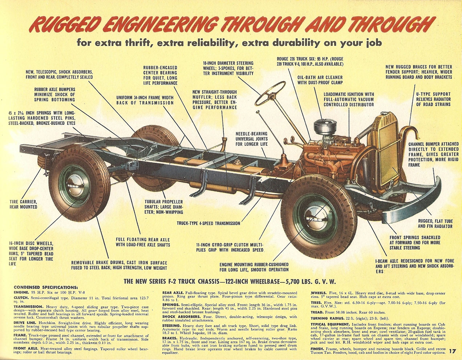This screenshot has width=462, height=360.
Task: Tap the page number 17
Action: click(x=452, y=351)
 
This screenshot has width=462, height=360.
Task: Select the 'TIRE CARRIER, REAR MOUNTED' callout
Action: click(x=23, y=204)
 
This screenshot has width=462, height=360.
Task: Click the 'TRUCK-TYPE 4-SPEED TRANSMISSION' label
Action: click(x=208, y=223)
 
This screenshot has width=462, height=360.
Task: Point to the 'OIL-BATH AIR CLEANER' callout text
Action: click(x=320, y=80)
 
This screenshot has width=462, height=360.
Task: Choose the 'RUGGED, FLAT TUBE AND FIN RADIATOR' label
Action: click(x=435, y=224)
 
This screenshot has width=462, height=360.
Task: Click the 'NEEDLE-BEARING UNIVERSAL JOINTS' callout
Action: click(x=251, y=139)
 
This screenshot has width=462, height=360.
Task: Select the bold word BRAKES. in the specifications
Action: click(x=170, y=338)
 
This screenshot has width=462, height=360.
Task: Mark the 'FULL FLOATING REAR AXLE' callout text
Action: click(x=143, y=242)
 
